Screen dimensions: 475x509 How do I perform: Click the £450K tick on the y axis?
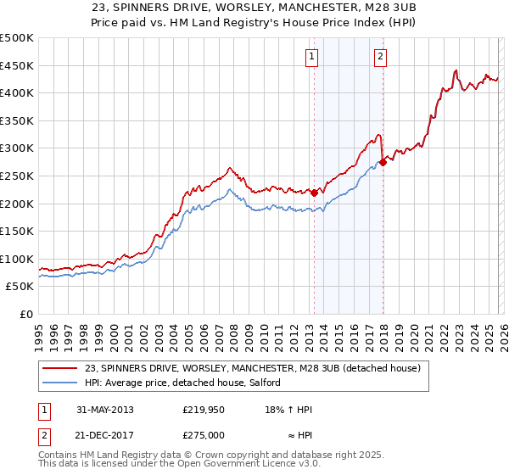[17, 65]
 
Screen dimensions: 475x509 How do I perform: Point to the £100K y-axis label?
[17, 259]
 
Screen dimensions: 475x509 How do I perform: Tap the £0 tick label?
[25, 314]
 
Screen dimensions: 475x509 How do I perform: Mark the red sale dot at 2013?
[315, 193]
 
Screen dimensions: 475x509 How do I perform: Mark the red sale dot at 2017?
[383, 162]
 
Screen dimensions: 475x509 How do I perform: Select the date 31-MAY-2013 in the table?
[104, 410]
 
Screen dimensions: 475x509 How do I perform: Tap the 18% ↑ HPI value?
[289, 410]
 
